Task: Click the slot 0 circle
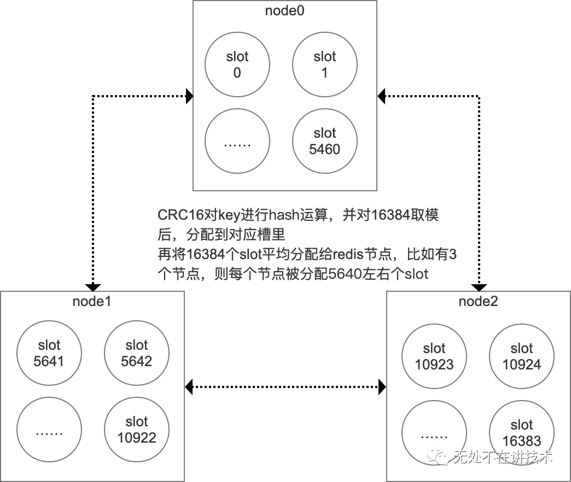[x=237, y=64]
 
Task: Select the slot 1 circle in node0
[x=324, y=64]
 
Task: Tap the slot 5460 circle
[x=324, y=141]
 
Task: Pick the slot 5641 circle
[x=49, y=353]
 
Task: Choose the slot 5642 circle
[x=136, y=353]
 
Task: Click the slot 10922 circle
[x=136, y=430]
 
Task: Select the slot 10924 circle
[x=521, y=356]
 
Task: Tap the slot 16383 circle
[x=521, y=433]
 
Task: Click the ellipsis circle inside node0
[x=237, y=141]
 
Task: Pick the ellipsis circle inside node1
[x=49, y=430]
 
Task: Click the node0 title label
[x=284, y=10]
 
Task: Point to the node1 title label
[x=92, y=301]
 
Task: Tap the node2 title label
[x=478, y=301]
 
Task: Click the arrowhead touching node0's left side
[x=189, y=97]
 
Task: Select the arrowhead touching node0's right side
[x=382, y=97]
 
